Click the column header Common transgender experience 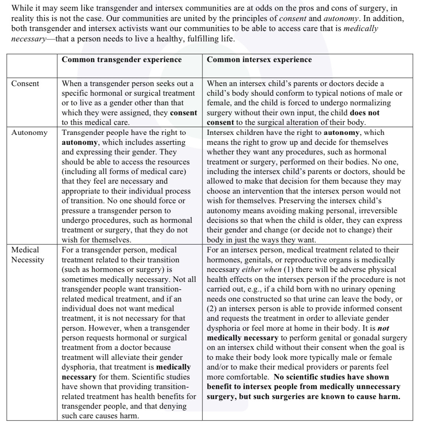coord(121,59)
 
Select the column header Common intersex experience coord(259,59)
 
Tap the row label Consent coord(25,84)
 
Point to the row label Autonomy coord(30,133)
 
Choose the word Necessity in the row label coord(28,260)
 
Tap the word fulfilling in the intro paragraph coord(203,38)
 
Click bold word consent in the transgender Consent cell coord(184,113)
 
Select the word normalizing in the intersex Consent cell coord(369,103)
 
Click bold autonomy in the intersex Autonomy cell coord(342,133)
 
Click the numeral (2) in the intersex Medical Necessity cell coord(212,309)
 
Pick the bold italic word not coord(384,328)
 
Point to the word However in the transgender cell coord(104,328)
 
